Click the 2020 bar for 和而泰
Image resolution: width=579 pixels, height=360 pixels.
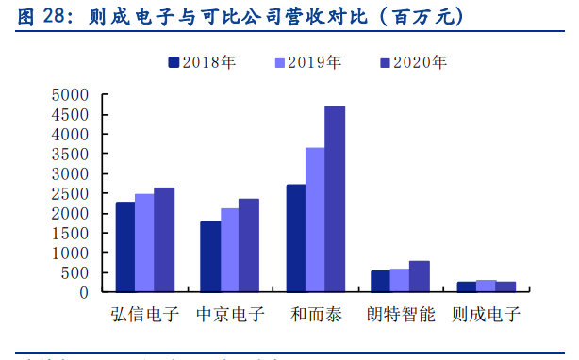click(x=335, y=199)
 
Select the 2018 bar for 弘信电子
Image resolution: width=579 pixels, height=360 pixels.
click(x=125, y=247)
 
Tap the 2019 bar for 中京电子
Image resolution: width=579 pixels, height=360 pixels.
click(x=229, y=250)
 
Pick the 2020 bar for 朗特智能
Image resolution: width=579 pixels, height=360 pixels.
click(x=420, y=276)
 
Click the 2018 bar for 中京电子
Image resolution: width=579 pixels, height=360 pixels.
click(x=210, y=256)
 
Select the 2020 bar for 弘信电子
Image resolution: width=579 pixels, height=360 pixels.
click(x=164, y=239)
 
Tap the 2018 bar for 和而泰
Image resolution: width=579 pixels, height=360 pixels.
click(x=296, y=237)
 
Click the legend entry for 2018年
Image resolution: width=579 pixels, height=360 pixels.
click(x=202, y=63)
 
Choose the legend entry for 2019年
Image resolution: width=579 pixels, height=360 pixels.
click(x=307, y=63)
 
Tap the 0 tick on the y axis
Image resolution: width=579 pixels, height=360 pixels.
click(x=83, y=292)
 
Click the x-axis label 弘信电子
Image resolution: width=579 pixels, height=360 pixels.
click(x=144, y=315)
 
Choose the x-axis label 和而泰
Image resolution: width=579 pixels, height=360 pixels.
click(x=315, y=315)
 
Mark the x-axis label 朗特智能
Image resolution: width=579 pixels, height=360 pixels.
click(x=401, y=315)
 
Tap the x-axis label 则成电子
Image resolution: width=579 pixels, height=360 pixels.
click(x=486, y=315)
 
